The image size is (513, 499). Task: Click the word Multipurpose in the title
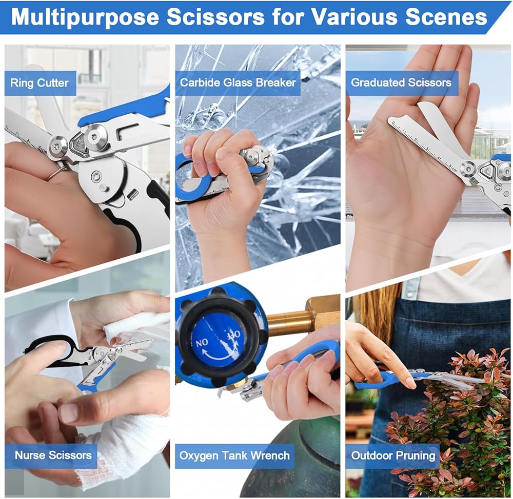[x=85, y=17]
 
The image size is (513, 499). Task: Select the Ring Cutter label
[x=40, y=83]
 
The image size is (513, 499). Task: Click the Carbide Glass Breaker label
[x=238, y=82]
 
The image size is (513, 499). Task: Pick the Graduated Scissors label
[x=402, y=82]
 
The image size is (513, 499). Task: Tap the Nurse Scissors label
[x=53, y=455]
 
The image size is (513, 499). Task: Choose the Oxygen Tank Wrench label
[x=234, y=455]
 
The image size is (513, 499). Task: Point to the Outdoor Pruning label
[x=393, y=455]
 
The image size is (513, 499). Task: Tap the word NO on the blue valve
[x=202, y=343]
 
